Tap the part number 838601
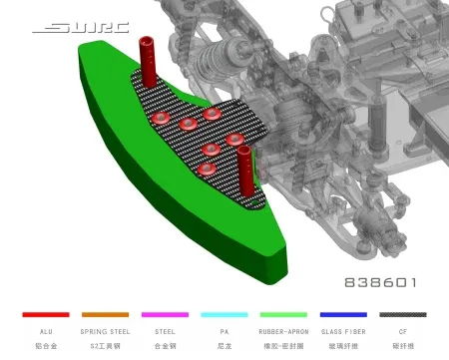coord(380,282)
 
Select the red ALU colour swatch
coord(46,314)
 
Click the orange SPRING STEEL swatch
coord(105,314)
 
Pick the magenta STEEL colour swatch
coord(165,314)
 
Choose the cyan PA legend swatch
coord(224,314)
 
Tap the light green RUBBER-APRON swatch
coord(283,314)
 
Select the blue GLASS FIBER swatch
coord(343,314)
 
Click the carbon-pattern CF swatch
coord(403,314)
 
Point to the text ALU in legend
coord(46,331)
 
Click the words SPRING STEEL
coord(105,331)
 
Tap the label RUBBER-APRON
coord(283,331)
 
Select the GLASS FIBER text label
coord(343,331)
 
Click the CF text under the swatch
coord(403,331)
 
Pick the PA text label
coord(224,331)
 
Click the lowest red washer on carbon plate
coord(206,170)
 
